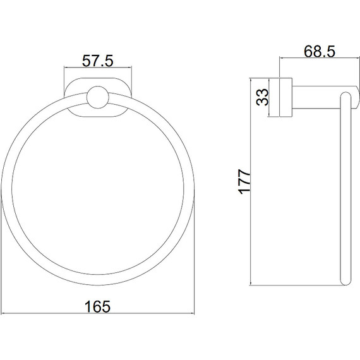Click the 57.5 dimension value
(x=97, y=61)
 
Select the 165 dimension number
(x=97, y=306)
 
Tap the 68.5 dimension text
(x=320, y=51)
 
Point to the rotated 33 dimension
(x=263, y=97)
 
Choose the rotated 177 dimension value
(x=244, y=182)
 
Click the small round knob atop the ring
(x=98, y=97)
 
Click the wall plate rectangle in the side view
(x=285, y=97)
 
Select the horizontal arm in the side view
(x=325, y=97)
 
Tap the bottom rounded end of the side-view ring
(x=345, y=281)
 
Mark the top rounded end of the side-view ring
(x=345, y=97)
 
